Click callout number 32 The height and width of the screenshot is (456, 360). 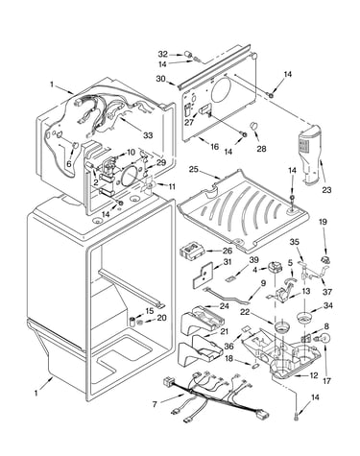(x=163, y=54)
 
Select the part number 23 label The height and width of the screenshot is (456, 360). (x=326, y=190)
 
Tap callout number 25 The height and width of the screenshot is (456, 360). (x=194, y=169)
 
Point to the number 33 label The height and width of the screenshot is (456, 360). (x=148, y=135)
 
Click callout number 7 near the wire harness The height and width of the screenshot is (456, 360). (x=155, y=404)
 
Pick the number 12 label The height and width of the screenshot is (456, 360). (x=314, y=375)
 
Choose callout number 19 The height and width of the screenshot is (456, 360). (x=324, y=222)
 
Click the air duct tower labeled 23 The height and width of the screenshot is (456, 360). (x=309, y=155)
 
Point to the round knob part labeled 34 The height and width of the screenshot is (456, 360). (x=304, y=319)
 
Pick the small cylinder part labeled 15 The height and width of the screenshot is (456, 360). (x=132, y=321)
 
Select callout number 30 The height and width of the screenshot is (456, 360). (x=161, y=79)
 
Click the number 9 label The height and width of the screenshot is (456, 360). (x=263, y=283)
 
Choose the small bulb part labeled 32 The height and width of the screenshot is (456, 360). (x=189, y=55)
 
